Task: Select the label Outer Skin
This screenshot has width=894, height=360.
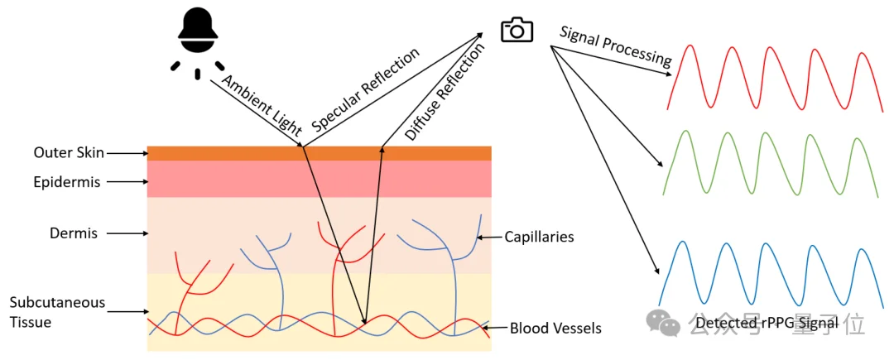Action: (x=69, y=153)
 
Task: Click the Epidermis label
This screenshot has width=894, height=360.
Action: (x=67, y=182)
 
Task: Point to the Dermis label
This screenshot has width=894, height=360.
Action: (x=73, y=233)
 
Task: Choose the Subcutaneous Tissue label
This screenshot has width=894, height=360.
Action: (x=57, y=312)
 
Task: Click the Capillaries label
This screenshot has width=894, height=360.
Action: (x=539, y=238)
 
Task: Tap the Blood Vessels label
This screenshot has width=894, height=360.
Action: (x=555, y=329)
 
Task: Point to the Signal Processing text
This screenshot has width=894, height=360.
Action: (x=615, y=46)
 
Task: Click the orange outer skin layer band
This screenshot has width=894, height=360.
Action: (x=319, y=153)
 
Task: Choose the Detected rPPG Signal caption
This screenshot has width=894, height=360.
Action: (x=767, y=323)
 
